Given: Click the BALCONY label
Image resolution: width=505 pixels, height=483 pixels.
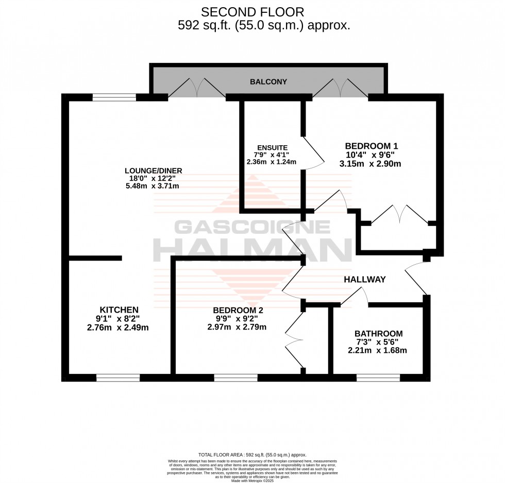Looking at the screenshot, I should [x=268, y=82].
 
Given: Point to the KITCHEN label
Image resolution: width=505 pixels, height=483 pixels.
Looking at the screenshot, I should [x=119, y=309].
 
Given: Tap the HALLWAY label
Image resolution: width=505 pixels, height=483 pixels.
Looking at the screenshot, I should [x=365, y=280].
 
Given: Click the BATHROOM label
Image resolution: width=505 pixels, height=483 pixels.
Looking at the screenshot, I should [x=379, y=334].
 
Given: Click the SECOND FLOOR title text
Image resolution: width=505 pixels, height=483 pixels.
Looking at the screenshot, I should [x=252, y=11].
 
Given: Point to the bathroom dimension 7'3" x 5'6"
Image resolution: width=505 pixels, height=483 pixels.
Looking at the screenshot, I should [x=379, y=342].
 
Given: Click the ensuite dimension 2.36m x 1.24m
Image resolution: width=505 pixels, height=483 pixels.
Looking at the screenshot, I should [x=272, y=162].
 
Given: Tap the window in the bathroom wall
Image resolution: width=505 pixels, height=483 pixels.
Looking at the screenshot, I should [x=378, y=377].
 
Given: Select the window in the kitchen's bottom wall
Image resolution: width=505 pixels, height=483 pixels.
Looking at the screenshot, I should [x=118, y=377].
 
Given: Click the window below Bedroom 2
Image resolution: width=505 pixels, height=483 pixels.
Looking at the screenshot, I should [x=235, y=377].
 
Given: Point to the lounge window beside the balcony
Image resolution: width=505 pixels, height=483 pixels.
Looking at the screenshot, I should [x=114, y=97].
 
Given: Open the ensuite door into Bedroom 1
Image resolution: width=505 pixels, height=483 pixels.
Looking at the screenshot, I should [x=312, y=153].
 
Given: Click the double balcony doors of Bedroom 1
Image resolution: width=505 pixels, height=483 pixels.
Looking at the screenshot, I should [x=340, y=88].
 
